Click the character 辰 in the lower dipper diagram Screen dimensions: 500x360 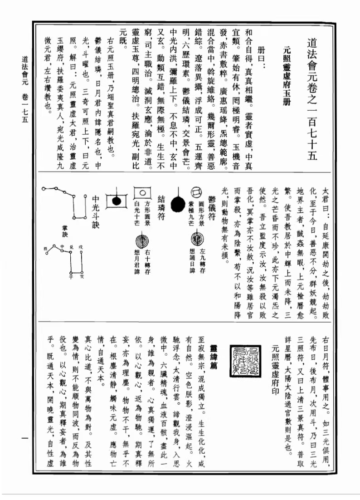[44, 249]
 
